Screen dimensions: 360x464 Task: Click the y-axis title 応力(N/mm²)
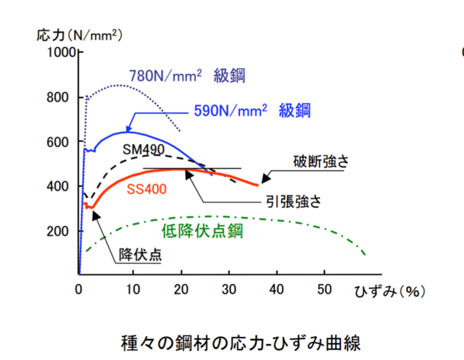click(x=78, y=34)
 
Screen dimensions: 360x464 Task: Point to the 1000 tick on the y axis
click(x=62, y=53)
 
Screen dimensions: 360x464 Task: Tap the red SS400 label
click(x=146, y=190)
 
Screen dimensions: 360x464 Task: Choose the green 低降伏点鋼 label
click(x=201, y=231)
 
